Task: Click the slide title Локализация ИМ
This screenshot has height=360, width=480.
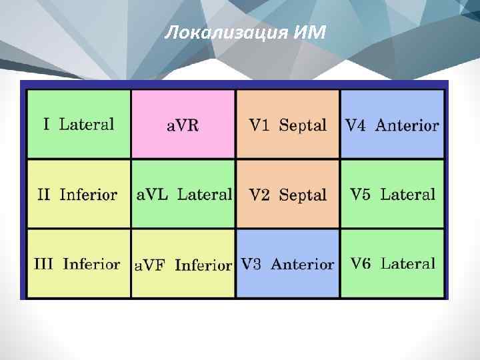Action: tap(245, 31)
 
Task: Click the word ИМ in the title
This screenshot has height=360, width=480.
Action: tap(309, 31)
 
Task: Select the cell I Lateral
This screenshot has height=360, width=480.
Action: tap(79, 124)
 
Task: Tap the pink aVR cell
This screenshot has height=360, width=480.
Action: tap(183, 125)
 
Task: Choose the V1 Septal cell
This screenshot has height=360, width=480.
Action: tap(288, 125)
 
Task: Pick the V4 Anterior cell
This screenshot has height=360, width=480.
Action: tap(392, 125)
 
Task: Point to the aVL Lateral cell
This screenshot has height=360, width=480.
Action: tap(184, 195)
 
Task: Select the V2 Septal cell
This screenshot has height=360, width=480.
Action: tap(288, 195)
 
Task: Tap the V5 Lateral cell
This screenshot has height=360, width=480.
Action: tap(392, 195)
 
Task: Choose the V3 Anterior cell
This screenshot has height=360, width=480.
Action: tap(287, 264)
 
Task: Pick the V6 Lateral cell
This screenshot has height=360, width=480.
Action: tap(392, 263)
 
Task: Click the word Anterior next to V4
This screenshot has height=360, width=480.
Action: tap(407, 125)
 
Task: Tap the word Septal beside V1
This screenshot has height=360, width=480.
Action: tap(303, 125)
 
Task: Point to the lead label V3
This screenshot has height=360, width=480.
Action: tap(251, 264)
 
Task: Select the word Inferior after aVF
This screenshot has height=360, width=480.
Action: tap(203, 265)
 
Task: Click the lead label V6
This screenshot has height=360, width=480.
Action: tap(361, 263)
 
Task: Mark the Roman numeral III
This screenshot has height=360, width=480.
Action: tap(43, 264)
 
